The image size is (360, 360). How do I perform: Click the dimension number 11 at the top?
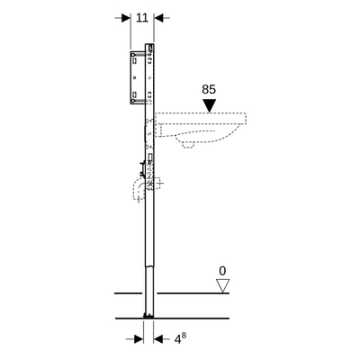[142, 18]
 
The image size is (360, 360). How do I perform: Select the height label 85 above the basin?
[209, 90]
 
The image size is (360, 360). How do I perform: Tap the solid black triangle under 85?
[209, 106]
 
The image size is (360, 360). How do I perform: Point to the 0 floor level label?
[222, 271]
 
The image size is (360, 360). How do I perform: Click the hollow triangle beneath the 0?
[222, 285]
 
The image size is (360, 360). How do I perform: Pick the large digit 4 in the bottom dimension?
[178, 339]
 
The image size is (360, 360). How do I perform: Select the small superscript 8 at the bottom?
[184, 336]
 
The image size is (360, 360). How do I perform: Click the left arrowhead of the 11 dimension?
[126, 18]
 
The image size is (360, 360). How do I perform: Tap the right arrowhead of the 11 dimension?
[158, 18]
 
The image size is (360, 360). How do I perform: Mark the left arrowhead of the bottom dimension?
[139, 339]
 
